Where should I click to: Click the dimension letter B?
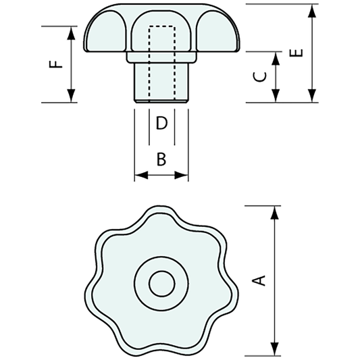(x=161, y=159)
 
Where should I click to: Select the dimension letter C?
(x=258, y=76)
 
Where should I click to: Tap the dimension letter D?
(x=161, y=123)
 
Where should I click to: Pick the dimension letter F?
(x=57, y=64)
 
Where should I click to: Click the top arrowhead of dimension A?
(x=275, y=211)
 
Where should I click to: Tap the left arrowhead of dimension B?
(x=140, y=176)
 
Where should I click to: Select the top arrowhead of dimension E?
(x=311, y=9)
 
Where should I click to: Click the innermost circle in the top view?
(x=161, y=283)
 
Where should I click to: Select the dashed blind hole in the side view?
(x=161, y=61)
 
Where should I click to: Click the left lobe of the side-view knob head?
(x=106, y=34)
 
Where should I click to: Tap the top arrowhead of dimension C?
(x=275, y=56)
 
